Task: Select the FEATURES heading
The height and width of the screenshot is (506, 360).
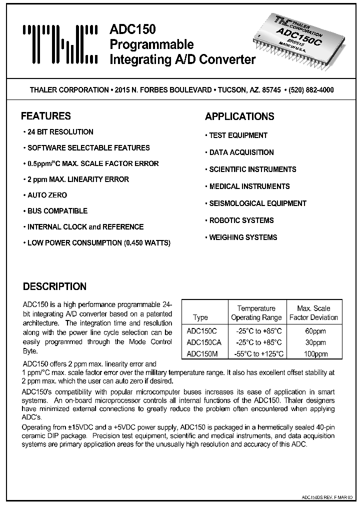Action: coord(45,116)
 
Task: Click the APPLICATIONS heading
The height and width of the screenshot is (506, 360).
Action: coord(239,116)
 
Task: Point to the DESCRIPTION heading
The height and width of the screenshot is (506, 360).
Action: coord(54,286)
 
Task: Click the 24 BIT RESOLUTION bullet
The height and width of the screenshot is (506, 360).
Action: coord(59,132)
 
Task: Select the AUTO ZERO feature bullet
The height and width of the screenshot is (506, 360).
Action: coord(46,195)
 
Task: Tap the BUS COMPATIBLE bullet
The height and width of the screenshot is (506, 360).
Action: coord(56,211)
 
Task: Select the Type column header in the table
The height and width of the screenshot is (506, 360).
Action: coord(200,317)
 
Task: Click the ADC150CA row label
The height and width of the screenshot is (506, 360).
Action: coord(204,342)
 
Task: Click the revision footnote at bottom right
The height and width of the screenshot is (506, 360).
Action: coord(327,498)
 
